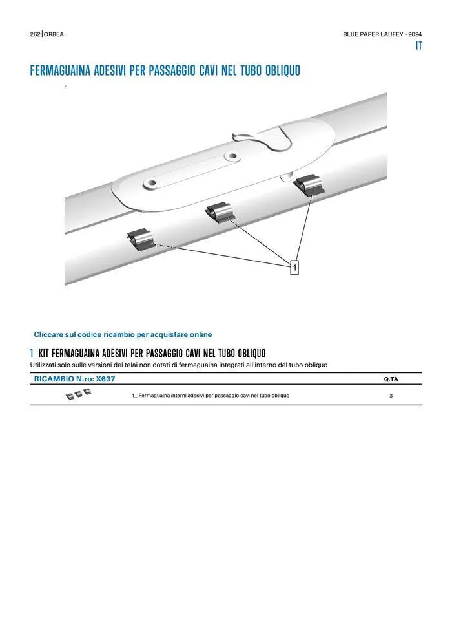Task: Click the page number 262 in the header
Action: (x=35, y=34)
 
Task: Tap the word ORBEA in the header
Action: (x=54, y=34)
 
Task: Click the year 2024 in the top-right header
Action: (x=415, y=34)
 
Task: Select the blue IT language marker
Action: (x=418, y=46)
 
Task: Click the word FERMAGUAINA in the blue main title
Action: (x=60, y=70)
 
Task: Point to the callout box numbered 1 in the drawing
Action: (x=294, y=268)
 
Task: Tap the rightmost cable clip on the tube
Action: (x=308, y=184)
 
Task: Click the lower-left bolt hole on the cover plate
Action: (x=151, y=184)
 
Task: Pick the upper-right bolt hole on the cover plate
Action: (x=232, y=156)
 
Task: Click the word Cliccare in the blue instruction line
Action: (x=48, y=334)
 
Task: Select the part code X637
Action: (x=105, y=379)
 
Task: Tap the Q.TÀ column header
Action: (x=391, y=379)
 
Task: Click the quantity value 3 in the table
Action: (x=391, y=396)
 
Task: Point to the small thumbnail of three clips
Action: (x=78, y=394)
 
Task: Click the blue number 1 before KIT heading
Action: (x=32, y=353)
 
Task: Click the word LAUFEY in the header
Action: (x=392, y=34)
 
